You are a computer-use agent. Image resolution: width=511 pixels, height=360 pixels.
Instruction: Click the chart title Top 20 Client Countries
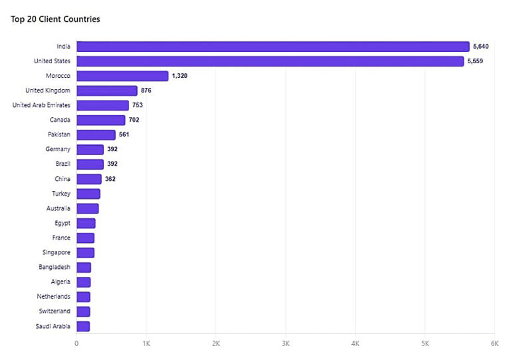pyautogui.click(x=55, y=19)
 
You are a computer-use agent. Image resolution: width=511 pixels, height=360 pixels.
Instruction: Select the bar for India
pyautogui.click(x=273, y=47)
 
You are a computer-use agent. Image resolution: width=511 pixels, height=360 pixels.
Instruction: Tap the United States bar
pyautogui.click(x=270, y=61)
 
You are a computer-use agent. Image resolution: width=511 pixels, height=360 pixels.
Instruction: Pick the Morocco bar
pyautogui.click(x=122, y=76)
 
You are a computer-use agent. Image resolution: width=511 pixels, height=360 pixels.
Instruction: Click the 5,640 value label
pyautogui.click(x=480, y=47)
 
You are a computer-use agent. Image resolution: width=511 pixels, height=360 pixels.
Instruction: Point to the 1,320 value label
pyautogui.click(x=180, y=76)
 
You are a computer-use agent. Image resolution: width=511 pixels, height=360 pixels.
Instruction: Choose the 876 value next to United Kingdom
pyautogui.click(x=146, y=90)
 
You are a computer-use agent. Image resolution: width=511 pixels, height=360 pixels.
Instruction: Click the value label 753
pyautogui.click(x=138, y=105)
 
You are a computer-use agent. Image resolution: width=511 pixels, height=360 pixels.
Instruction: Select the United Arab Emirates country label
pyautogui.click(x=41, y=105)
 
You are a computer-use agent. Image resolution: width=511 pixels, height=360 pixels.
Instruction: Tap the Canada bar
pyautogui.click(x=101, y=120)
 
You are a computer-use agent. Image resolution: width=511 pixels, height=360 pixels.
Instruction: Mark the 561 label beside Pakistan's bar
pyautogui.click(x=124, y=134)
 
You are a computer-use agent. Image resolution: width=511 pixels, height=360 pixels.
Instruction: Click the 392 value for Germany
pyautogui.click(x=112, y=149)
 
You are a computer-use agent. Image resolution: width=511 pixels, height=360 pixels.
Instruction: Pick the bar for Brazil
pyautogui.click(x=90, y=164)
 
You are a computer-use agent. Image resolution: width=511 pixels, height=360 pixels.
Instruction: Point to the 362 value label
pyautogui.click(x=110, y=179)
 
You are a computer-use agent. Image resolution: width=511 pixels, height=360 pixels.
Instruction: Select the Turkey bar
pyautogui.click(x=88, y=194)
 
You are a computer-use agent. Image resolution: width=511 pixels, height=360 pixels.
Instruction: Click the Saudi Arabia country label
pyautogui.click(x=53, y=326)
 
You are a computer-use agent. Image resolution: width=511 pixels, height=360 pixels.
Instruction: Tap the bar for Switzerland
pyautogui.click(x=83, y=311)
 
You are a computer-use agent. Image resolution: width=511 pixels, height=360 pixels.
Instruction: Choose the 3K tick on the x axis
pyautogui.click(x=285, y=343)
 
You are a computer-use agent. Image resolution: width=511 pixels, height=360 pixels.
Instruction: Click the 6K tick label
pyautogui.click(x=495, y=343)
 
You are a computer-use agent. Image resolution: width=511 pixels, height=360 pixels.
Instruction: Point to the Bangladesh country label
pyautogui.click(x=55, y=267)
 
